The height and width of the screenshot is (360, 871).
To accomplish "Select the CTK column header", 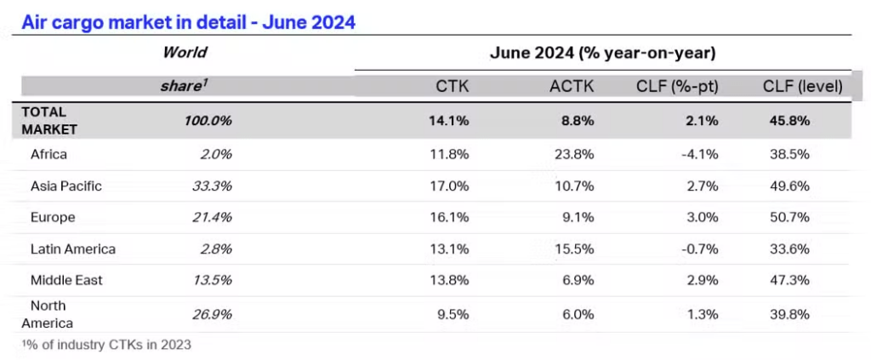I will (x=452, y=86).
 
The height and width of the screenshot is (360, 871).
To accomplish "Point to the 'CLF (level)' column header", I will (x=802, y=86).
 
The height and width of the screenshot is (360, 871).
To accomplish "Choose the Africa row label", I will (x=48, y=155).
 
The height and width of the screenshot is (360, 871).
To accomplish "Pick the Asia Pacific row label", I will (x=65, y=186).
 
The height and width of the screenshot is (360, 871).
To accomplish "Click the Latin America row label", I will (x=72, y=249).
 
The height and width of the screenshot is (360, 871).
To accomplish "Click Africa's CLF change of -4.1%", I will (x=700, y=155).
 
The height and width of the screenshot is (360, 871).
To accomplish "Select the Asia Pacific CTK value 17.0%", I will (x=451, y=186).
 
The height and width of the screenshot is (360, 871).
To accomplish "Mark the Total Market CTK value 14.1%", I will (x=451, y=121).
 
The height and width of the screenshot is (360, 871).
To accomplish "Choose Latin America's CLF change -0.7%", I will (x=700, y=249).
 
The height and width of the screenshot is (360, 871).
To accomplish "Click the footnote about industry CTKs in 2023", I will (x=106, y=345).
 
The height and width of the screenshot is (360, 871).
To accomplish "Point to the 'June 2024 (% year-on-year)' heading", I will (x=602, y=53).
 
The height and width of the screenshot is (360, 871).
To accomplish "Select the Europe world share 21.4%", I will (x=212, y=218).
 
